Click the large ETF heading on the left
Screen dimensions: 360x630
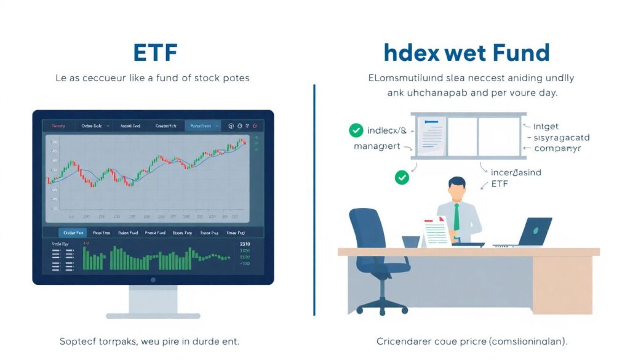[155, 54]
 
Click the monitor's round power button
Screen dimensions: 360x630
[153, 280]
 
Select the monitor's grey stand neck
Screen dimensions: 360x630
[153, 300]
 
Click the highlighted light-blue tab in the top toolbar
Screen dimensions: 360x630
[202, 126]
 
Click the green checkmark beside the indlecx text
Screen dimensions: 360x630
[356, 130]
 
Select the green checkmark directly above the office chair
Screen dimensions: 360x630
[402, 178]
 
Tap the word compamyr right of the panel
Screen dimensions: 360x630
[557, 148]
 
